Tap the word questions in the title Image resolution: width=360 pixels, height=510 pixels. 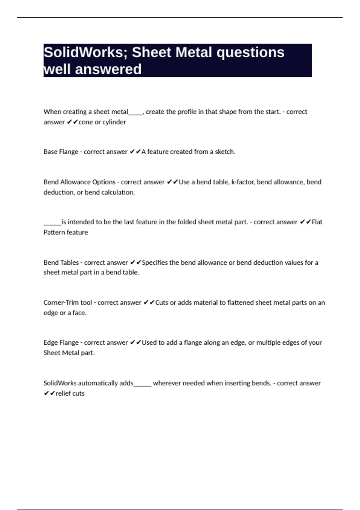click(250, 52)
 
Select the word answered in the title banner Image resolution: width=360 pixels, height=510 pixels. click(108, 69)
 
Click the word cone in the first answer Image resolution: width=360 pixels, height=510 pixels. click(85, 122)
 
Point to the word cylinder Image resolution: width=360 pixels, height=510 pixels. click(114, 122)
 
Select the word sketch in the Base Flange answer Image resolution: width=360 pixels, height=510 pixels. click(225, 152)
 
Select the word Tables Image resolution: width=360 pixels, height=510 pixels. click(69, 262)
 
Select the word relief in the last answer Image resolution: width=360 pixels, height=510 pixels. click(62, 393)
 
